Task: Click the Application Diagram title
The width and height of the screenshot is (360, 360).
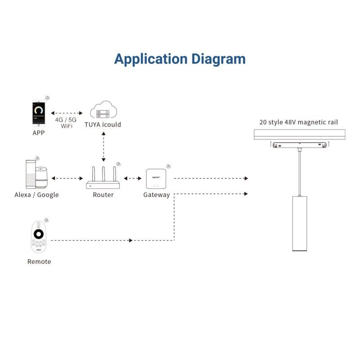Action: pyautogui.click(x=180, y=59)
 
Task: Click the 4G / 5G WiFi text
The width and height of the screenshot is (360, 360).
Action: pyautogui.click(x=66, y=123)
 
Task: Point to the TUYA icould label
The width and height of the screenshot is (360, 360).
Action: pyautogui.click(x=103, y=125)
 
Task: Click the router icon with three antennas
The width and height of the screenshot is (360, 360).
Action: pyautogui.click(x=103, y=179)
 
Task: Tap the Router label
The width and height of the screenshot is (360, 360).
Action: pyautogui.click(x=103, y=195)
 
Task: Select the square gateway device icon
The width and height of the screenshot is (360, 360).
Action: pyautogui.click(x=156, y=179)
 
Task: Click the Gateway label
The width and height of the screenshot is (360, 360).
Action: pyautogui.click(x=156, y=195)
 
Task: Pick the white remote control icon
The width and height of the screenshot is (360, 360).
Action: pyautogui.click(x=39, y=239)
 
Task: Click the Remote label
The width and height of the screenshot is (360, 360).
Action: pyautogui.click(x=39, y=261)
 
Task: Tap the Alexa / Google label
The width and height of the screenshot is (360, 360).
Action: pyautogui.click(x=36, y=195)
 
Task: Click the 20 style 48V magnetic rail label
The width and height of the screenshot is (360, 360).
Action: pyautogui.click(x=298, y=122)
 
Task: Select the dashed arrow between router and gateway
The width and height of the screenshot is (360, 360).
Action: pyautogui.click(x=132, y=179)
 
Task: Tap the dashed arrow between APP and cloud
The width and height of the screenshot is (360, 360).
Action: pyautogui.click(x=66, y=113)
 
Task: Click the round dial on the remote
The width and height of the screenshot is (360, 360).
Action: pyautogui.click(x=39, y=234)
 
